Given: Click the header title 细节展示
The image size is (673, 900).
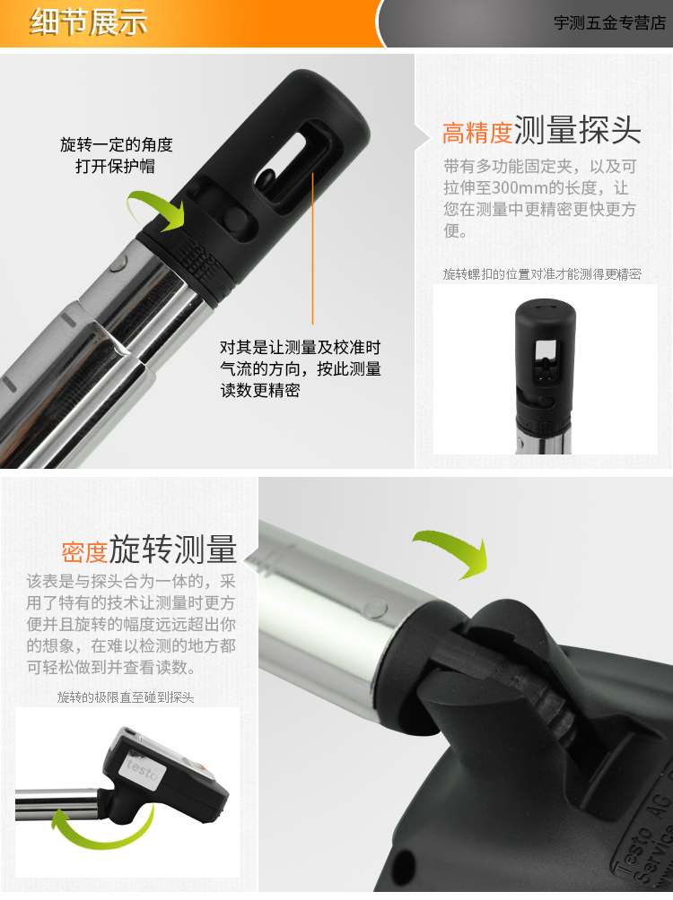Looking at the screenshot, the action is pyautogui.click(x=89, y=22).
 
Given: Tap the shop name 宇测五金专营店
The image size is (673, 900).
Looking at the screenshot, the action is pyautogui.click(x=609, y=23).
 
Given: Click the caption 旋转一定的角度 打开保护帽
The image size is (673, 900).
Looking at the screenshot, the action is pyautogui.click(x=117, y=155).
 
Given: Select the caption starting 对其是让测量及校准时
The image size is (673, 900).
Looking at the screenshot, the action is pyautogui.click(x=300, y=369).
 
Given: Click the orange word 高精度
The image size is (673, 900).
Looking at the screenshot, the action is pyautogui.click(x=477, y=133).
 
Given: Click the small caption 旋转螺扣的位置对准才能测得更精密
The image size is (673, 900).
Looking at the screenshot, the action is pyautogui.click(x=542, y=273).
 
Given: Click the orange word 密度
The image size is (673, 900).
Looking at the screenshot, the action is pyautogui.click(x=84, y=551).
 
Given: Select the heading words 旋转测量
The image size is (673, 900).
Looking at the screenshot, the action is pyautogui.click(x=173, y=549).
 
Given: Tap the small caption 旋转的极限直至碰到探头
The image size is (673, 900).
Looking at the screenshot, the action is pyautogui.click(x=126, y=697).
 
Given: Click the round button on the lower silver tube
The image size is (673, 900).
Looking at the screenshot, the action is pyautogui.click(x=376, y=609).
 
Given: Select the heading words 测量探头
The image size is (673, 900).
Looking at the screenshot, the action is pyautogui.click(x=578, y=130).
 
